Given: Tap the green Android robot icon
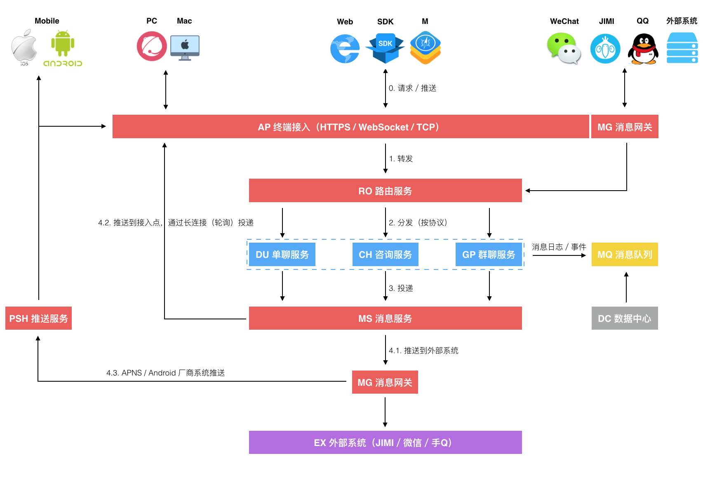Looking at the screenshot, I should tap(63, 44).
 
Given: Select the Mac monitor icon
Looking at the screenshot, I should tap(185, 47).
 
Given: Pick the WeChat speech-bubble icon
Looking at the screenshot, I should tap(564, 49).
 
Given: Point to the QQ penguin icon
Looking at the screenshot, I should tap(643, 49).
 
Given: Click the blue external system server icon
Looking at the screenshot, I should tap(682, 48).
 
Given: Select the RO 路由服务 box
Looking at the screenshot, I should tap(385, 191).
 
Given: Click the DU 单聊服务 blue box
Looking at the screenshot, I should tap(282, 255).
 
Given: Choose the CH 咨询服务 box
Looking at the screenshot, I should tap(385, 255).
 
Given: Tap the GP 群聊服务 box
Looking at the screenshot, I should tap(489, 255).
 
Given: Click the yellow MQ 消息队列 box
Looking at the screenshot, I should tap(625, 255).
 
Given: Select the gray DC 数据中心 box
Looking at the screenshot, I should tap(625, 318).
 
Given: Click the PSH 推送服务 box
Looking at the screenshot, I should tap(38, 318).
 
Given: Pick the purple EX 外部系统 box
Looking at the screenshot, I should tap(385, 442).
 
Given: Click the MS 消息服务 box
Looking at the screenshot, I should tap(385, 318).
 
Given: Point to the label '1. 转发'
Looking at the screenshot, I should tap(401, 159).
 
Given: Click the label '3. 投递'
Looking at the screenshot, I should tap(401, 288).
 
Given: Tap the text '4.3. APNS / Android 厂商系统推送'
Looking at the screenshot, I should tap(165, 373).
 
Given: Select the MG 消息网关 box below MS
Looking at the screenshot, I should tap(385, 382).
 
